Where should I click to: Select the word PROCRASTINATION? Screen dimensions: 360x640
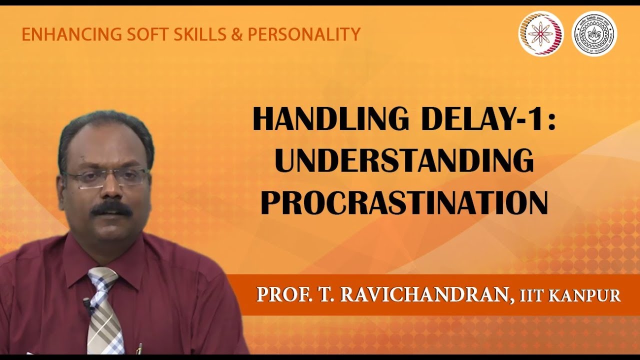point(404,202)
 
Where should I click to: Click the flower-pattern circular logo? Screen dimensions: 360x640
point(541,33)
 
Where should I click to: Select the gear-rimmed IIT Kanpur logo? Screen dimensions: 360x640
point(594,33)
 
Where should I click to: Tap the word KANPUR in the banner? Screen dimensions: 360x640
point(585,296)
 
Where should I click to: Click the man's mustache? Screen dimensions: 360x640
point(111,209)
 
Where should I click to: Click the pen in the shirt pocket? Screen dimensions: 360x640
point(139,348)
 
